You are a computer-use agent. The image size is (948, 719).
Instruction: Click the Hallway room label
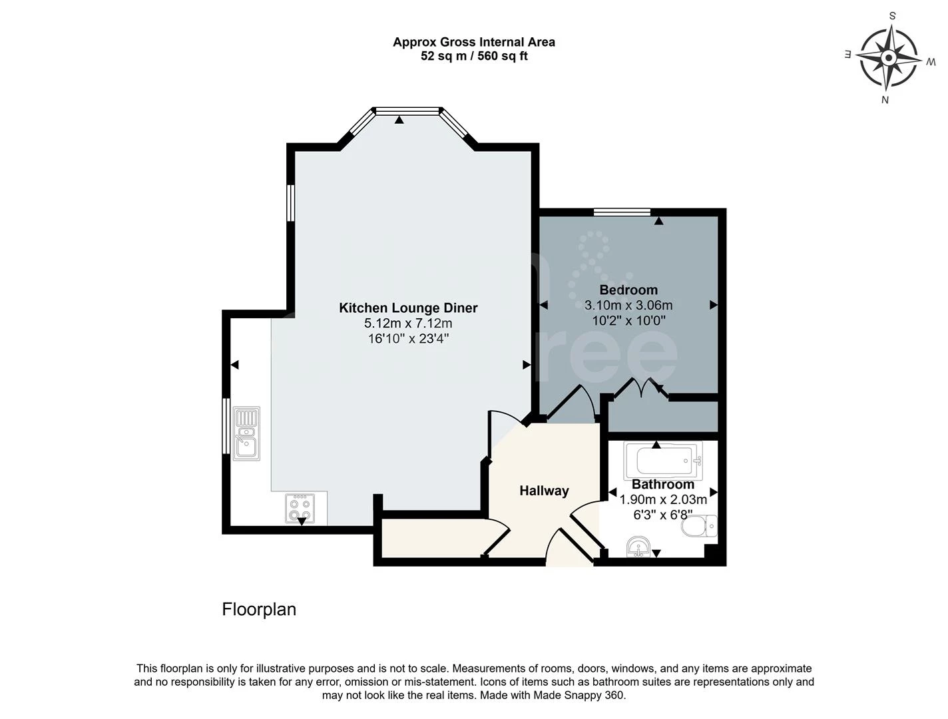(544, 491)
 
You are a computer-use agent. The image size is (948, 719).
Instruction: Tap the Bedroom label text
(628, 290)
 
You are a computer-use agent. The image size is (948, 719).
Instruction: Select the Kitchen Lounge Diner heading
(408, 308)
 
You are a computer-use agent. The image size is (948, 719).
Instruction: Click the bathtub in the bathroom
(662, 460)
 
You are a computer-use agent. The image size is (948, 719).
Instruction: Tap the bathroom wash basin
(638, 547)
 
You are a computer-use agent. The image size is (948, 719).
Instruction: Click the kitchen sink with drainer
(246, 433)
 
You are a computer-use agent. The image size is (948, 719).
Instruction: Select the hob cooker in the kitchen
(300, 509)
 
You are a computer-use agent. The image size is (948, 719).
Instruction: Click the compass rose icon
(888, 57)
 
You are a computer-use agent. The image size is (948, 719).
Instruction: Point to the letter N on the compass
(885, 100)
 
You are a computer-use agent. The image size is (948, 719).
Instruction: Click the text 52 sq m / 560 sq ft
(474, 56)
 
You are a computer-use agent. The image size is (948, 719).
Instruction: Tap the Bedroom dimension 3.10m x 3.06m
(628, 306)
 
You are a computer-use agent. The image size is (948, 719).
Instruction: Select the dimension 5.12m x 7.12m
(408, 323)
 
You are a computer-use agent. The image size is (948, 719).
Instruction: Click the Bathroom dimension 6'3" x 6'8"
(663, 515)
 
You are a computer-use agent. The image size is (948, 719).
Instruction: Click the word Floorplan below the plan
(259, 609)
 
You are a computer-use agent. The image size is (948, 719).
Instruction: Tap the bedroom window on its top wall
(622, 212)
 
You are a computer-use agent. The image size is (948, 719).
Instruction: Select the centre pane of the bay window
(407, 111)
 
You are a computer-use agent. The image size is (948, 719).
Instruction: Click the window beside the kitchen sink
(226, 426)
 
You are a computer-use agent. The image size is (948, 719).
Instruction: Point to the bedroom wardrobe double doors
(641, 387)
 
